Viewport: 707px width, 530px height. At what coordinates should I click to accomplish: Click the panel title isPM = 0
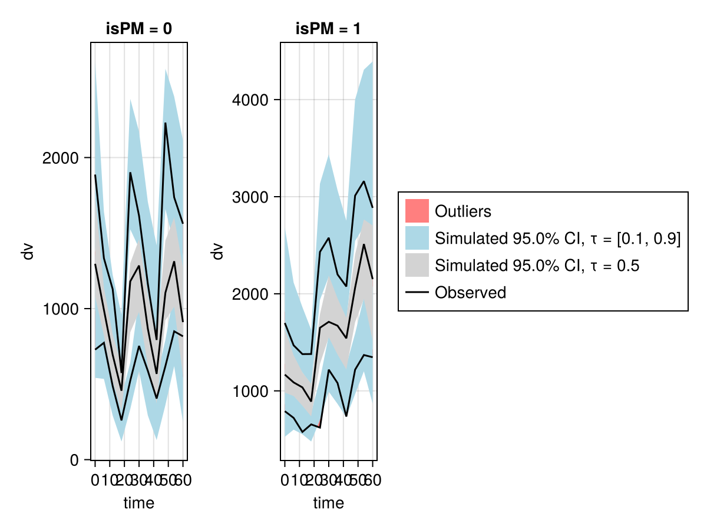139,29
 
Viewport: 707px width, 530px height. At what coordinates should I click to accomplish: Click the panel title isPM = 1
329,29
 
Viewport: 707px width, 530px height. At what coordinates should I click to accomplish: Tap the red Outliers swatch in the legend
417,211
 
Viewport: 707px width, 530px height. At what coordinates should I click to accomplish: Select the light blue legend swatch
417,238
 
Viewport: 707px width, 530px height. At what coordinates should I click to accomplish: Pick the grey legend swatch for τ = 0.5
417,265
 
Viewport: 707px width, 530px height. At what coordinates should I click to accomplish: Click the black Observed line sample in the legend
417,292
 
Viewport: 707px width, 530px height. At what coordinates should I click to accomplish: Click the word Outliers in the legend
462,211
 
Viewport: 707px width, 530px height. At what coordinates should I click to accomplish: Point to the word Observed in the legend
470,292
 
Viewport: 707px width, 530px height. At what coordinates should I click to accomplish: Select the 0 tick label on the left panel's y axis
75,459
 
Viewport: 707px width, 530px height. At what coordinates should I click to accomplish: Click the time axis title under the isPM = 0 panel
139,503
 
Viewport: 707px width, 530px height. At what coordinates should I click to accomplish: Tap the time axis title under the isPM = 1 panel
329,503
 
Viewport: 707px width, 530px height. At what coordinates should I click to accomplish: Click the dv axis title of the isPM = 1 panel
218,251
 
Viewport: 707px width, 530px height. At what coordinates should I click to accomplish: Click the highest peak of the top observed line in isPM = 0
166,123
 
